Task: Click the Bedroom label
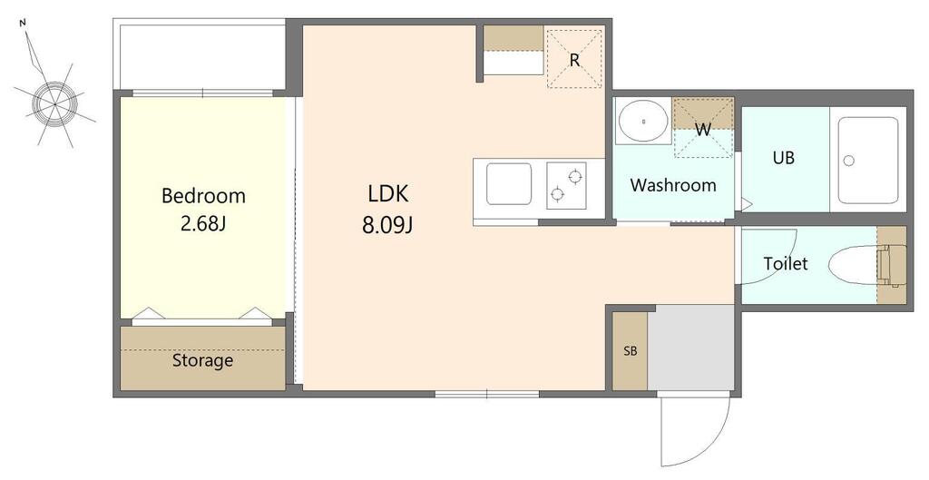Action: coord(203,196)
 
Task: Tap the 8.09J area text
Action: coord(387,225)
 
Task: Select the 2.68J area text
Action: coord(203,225)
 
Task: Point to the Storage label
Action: coord(202,360)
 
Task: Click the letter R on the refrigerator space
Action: coord(574,60)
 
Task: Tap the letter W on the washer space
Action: coord(703,130)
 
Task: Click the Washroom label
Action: coord(673,185)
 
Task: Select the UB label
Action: coord(783,158)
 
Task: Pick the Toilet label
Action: coord(786,263)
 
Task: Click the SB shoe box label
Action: coord(631,351)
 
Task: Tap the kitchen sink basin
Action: coord(509,183)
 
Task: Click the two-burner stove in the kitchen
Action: coord(566,185)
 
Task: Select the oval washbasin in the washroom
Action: coord(643,121)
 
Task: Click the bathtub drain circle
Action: coord(849,161)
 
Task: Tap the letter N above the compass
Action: coord(23,23)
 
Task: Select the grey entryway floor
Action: coord(690,348)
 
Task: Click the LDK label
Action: coord(388,194)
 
